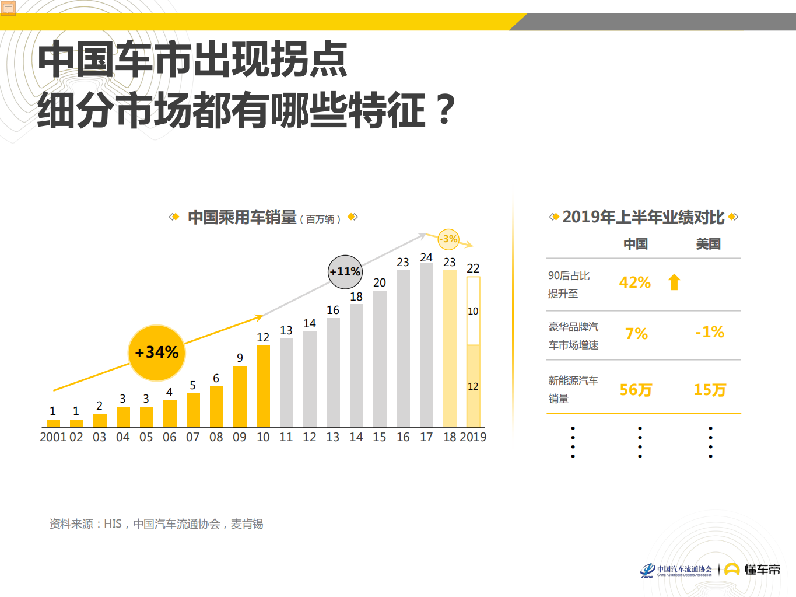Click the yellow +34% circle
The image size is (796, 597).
[x=156, y=352]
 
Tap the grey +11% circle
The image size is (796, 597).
[x=345, y=272]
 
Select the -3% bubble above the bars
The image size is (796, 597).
[x=448, y=239]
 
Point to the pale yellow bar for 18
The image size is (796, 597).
[x=450, y=348]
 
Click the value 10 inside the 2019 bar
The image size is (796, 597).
[x=473, y=311]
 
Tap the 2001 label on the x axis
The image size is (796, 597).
[x=53, y=437]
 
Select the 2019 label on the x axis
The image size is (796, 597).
[x=473, y=437]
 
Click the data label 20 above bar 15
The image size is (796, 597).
[x=380, y=282]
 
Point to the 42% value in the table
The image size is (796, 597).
[x=634, y=282]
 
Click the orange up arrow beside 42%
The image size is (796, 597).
[x=674, y=282]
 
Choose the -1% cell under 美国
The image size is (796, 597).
[x=710, y=333]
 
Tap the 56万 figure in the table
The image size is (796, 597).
[x=636, y=390]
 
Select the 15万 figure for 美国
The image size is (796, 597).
[x=710, y=390]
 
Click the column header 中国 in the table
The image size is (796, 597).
[x=636, y=244]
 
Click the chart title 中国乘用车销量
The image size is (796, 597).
[x=242, y=218]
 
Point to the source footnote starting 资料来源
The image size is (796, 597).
[x=156, y=524]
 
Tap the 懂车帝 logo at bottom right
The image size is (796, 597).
[x=752, y=570]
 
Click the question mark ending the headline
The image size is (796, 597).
[x=446, y=109]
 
